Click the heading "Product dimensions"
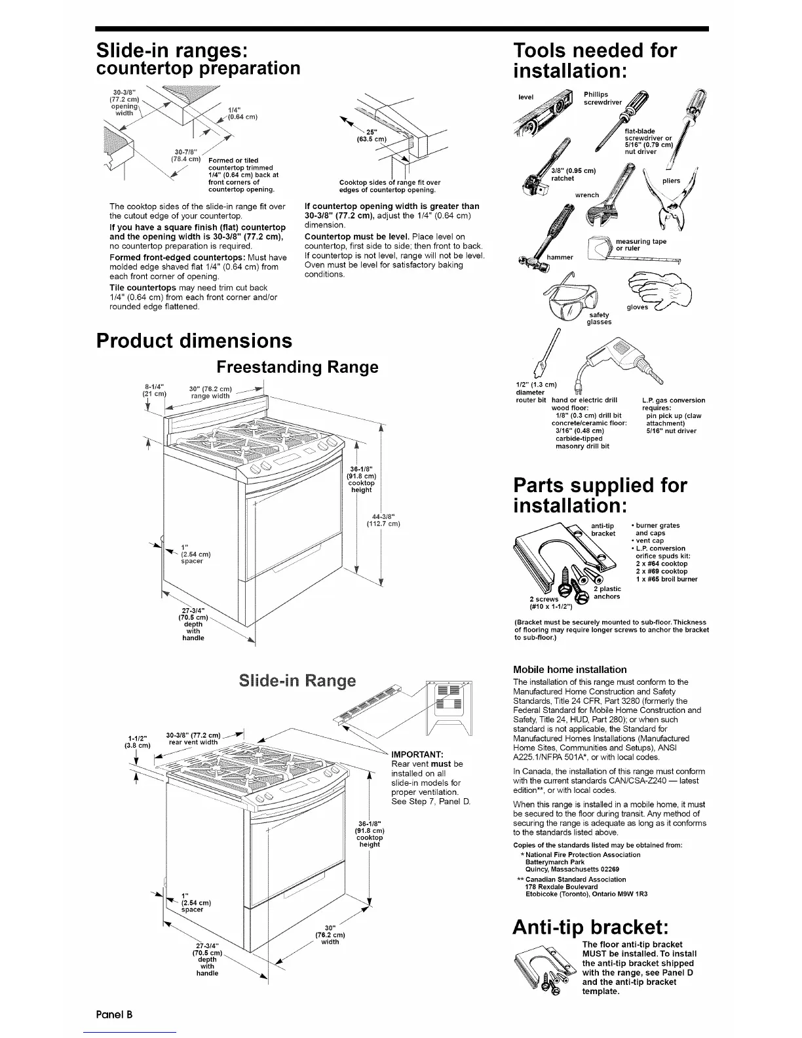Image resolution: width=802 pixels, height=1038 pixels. (193, 341)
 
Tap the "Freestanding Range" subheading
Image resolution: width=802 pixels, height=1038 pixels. (297, 367)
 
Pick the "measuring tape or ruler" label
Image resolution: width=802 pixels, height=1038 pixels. (632, 244)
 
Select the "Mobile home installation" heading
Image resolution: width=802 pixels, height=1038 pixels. (569, 670)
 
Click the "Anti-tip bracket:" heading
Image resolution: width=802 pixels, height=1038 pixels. (590, 928)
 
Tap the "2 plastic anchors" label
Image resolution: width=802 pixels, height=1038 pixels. (607, 592)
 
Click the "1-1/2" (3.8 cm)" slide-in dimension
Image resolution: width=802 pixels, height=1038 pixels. (136, 740)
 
